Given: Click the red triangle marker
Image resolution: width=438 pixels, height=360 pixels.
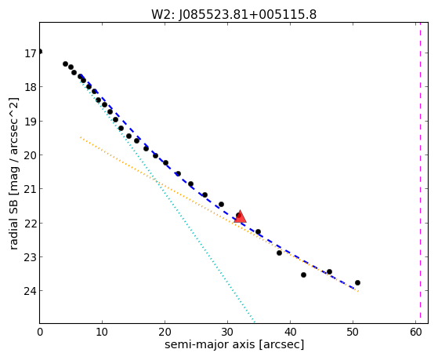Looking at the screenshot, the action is (240, 216).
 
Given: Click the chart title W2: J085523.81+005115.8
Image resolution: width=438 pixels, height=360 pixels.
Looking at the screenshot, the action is (233, 15).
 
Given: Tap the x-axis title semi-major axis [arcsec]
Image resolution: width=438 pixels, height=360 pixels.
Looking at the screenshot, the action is (234, 344).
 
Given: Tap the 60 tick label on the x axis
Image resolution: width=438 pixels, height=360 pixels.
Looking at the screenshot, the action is (415, 332).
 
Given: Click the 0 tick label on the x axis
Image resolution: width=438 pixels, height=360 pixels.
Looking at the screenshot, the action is (40, 332).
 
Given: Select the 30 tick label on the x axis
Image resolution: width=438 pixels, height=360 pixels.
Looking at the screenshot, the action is (228, 332).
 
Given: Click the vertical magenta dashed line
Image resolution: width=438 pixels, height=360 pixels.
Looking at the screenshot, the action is (420, 173).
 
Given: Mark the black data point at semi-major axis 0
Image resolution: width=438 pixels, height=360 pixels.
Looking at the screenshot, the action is (40, 52).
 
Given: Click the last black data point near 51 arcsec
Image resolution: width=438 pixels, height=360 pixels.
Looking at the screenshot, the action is (357, 283).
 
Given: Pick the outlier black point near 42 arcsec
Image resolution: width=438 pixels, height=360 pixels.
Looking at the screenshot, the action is (304, 275).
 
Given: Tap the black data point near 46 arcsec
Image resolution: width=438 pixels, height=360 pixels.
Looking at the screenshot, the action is (329, 271).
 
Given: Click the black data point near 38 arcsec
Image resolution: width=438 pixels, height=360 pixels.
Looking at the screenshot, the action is (280, 253).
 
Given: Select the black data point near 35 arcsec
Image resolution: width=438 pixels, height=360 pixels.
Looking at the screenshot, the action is (258, 231).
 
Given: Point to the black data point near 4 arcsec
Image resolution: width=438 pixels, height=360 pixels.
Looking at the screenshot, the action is (65, 64).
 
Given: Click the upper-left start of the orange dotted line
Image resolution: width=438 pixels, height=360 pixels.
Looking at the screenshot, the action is (81, 137).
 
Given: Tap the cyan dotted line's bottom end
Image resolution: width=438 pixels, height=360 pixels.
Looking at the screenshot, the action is (254, 322).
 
